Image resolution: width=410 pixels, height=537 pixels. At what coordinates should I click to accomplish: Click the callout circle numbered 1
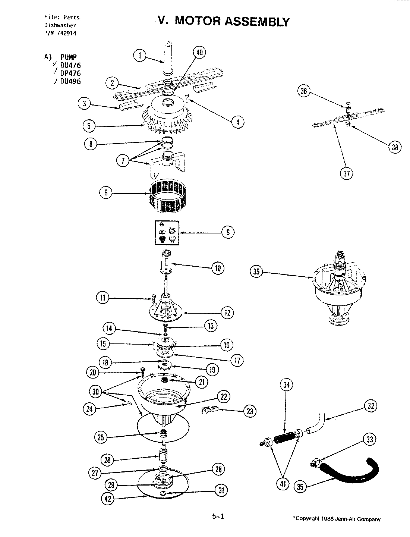(139, 56)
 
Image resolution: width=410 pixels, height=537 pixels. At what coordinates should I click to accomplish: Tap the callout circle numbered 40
(199, 53)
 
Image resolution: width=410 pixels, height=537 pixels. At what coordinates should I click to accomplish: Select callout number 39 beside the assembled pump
(256, 272)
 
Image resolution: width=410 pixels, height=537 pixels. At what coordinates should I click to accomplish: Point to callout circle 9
(228, 232)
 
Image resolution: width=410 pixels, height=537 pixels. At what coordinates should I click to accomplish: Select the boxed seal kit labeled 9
(167, 233)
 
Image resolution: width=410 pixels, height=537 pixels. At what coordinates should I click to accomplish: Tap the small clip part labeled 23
(209, 411)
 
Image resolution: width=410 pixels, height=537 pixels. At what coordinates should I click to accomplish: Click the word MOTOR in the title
(198, 21)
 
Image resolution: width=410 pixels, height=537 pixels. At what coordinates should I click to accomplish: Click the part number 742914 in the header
(67, 33)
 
